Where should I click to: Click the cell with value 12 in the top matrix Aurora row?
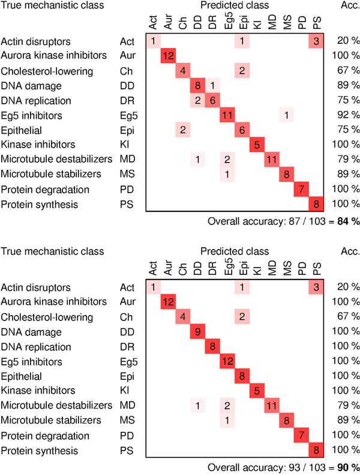click(168, 56)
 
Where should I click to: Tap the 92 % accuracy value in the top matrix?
click(344, 115)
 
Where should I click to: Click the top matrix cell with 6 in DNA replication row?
click(212, 100)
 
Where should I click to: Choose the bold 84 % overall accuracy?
click(348, 221)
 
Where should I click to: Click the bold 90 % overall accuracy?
click(348, 467)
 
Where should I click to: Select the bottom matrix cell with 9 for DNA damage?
click(197, 332)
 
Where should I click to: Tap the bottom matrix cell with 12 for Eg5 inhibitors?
click(227, 362)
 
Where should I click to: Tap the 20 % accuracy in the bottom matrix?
click(344, 287)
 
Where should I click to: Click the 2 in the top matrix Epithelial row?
click(182, 130)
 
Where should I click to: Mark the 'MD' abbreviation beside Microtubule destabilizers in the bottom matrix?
click(126, 406)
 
